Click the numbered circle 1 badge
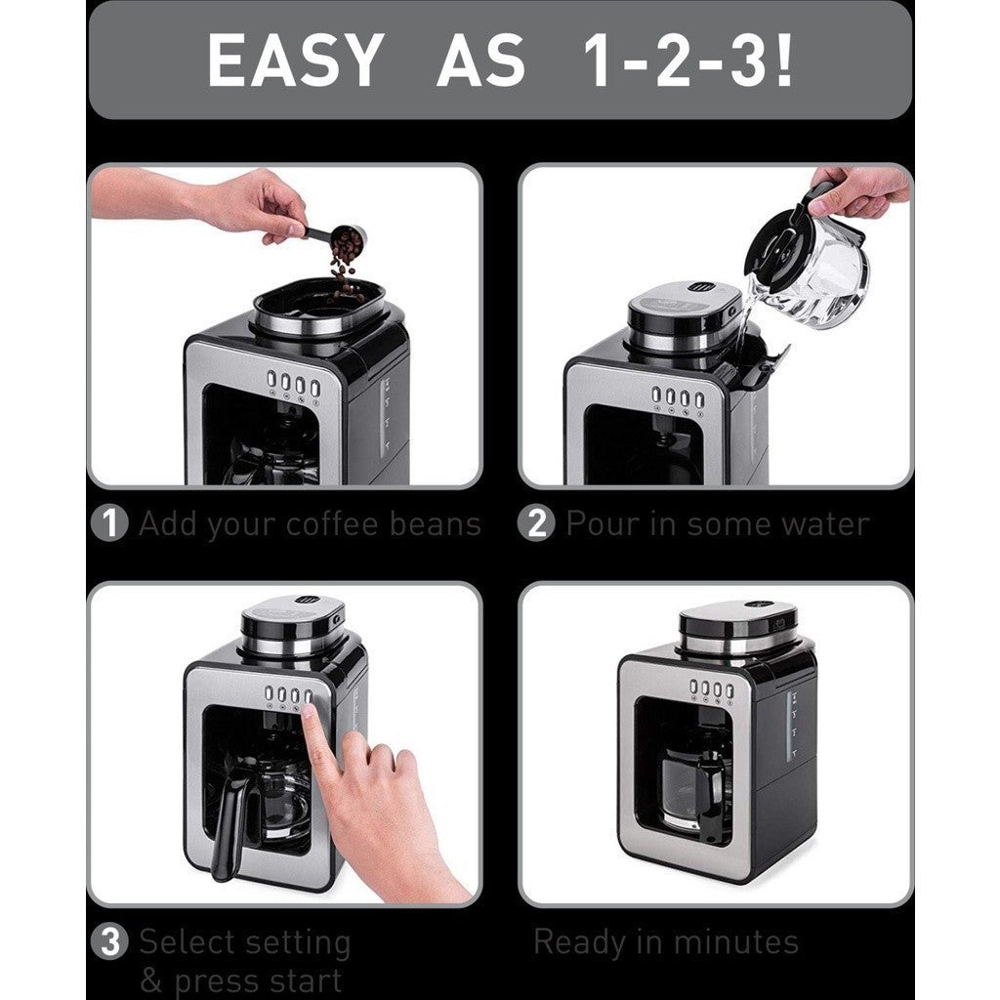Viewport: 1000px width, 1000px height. [109, 523]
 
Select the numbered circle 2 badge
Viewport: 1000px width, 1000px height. [537, 523]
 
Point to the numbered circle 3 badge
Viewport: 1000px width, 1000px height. [109, 942]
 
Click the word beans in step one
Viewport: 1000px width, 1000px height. [435, 524]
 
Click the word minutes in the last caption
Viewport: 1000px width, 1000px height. [735, 942]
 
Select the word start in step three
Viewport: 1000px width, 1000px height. [302, 980]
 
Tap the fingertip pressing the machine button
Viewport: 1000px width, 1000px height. [308, 711]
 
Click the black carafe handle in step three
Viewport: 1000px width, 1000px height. [229, 823]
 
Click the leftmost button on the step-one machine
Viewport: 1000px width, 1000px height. [271, 379]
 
